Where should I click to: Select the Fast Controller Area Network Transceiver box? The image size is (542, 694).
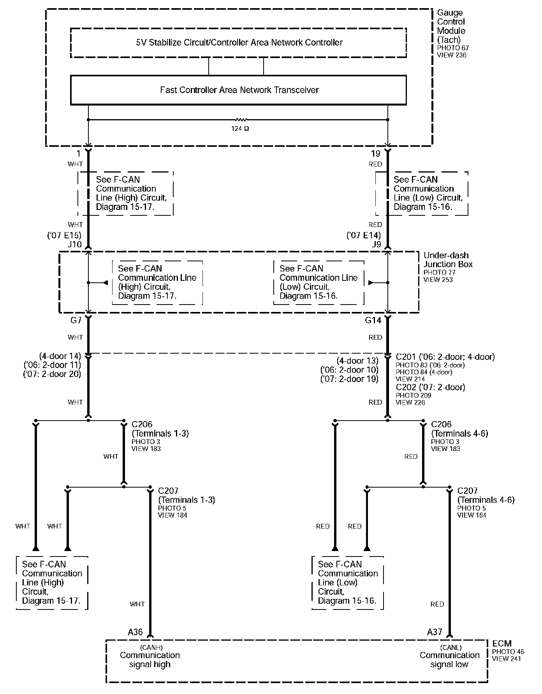click(x=238, y=90)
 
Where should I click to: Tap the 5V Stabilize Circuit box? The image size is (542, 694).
click(x=238, y=43)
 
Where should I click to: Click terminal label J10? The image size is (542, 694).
click(x=74, y=244)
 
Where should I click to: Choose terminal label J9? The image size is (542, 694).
click(x=376, y=244)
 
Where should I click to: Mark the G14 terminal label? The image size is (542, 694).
click(x=373, y=321)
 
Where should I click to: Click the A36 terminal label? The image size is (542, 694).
click(x=135, y=632)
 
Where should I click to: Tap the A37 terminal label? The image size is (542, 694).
click(x=435, y=632)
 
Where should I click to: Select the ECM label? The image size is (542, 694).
click(x=502, y=644)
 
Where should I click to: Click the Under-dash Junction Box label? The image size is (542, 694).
click(x=448, y=260)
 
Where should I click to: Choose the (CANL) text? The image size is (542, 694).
click(x=451, y=648)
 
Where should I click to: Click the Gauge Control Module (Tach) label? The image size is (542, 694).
click(x=451, y=26)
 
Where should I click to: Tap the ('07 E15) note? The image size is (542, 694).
click(x=64, y=235)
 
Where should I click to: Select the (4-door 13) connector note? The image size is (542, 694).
click(x=357, y=361)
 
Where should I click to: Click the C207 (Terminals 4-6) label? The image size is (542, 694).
click(x=486, y=495)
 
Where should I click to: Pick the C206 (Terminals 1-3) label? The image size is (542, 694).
click(x=160, y=429)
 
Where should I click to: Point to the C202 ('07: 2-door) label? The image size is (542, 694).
click(x=430, y=387)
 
